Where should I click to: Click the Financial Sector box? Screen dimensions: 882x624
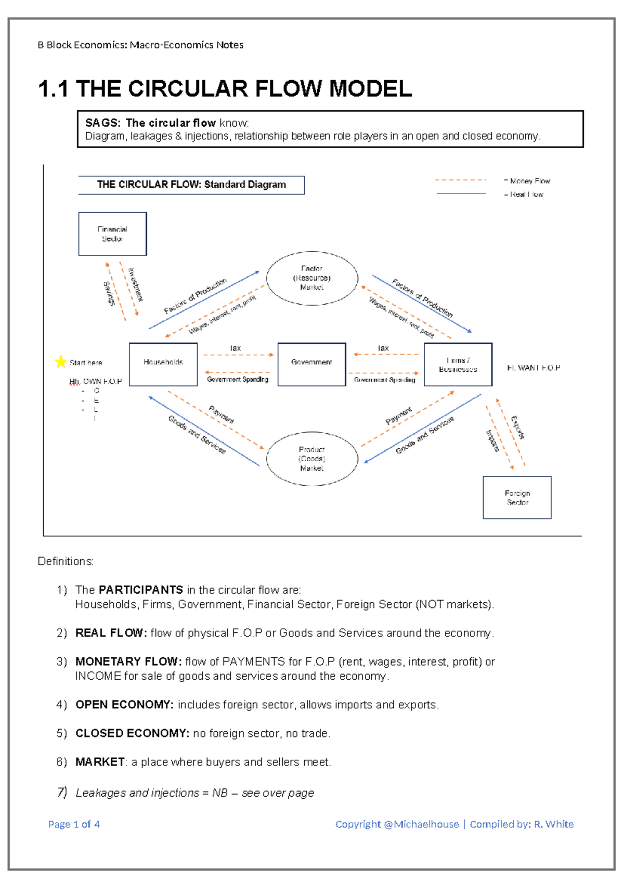pos(112,234)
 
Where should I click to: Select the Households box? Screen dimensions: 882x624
pos(163,364)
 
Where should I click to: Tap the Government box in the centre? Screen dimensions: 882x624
pos(311,364)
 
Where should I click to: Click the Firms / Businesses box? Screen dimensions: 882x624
pos(458,364)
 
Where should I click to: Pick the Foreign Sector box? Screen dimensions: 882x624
pos(517,498)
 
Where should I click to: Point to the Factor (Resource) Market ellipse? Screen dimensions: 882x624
pos(312,278)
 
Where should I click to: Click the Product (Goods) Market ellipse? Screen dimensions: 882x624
pos(312,459)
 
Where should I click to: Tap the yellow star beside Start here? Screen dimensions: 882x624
pos(61,361)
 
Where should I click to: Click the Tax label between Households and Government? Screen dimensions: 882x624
pos(236,348)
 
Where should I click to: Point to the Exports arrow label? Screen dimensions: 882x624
pos(518,427)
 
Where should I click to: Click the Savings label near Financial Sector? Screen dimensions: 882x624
pos(109,294)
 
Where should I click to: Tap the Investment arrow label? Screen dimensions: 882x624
pos(135,284)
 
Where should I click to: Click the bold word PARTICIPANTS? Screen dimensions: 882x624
pos(140,590)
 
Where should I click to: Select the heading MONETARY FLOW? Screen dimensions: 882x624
pos(128,661)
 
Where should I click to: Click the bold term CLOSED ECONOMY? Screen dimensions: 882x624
pos(132,733)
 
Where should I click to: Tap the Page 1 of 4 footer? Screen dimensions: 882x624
pos(74,824)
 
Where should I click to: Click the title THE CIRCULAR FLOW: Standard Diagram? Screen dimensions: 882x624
pos(191,185)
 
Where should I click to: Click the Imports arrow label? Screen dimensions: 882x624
pos(492,440)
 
